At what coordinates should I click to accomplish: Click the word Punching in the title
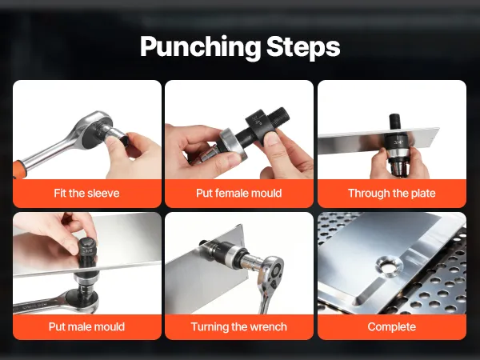tap(201, 47)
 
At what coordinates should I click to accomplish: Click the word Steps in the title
tap(303, 47)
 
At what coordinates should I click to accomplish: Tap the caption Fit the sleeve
tap(86, 193)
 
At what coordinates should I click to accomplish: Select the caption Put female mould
tap(238, 193)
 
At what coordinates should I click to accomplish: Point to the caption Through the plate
tap(392, 193)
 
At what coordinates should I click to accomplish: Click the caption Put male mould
tap(86, 326)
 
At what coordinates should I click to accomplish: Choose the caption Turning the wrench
tap(238, 326)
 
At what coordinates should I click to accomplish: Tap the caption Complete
tap(392, 327)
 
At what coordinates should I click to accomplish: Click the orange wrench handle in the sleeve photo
tap(19, 170)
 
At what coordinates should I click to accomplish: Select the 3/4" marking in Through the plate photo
tap(398, 142)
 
